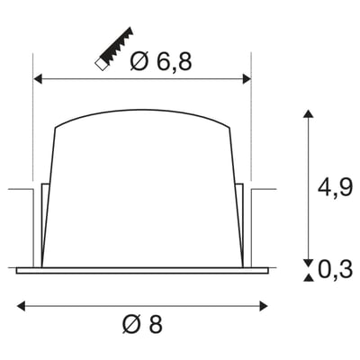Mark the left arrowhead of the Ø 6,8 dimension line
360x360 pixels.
pyautogui.click(x=38, y=79)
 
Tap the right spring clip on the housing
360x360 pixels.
pyautogui.click(x=241, y=225)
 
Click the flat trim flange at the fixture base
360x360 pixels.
pyautogui.click(x=141, y=268)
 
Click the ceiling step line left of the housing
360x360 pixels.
pyautogui.click(x=20, y=190)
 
